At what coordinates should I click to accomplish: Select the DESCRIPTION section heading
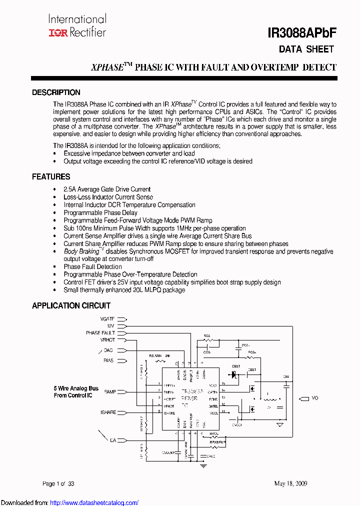pyautogui.click(x=56, y=92)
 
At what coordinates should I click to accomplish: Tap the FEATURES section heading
pyautogui.click(x=51, y=177)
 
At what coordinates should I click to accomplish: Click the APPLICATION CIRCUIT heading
pyautogui.click(x=71, y=305)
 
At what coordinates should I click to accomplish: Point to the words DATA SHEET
pyautogui.click(x=306, y=49)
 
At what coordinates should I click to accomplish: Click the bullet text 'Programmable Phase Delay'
pyautogui.click(x=100, y=212)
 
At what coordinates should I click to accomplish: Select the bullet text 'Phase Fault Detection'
pyautogui.click(x=92, y=266)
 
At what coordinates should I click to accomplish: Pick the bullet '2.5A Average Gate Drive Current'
pyautogui.click(x=107, y=189)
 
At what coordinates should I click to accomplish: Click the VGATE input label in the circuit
pyautogui.click(x=107, y=318)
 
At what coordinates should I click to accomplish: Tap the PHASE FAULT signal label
pyautogui.click(x=100, y=332)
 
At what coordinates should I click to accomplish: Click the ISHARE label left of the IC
pyautogui.click(x=108, y=412)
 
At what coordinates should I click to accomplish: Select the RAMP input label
pyautogui.click(x=110, y=392)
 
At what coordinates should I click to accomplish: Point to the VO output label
pyautogui.click(x=315, y=398)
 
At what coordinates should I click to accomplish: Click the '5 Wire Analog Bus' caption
pyautogui.click(x=76, y=388)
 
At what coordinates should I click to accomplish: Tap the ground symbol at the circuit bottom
pyautogui.click(x=203, y=466)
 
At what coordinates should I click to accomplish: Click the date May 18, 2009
pyautogui.click(x=290, y=483)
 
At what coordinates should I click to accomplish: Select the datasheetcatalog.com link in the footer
pyautogui.click(x=101, y=502)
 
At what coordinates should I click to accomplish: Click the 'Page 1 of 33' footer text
pyautogui.click(x=58, y=483)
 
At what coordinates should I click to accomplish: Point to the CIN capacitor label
pyautogui.click(x=286, y=376)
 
